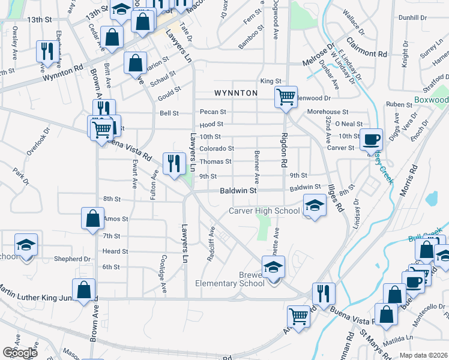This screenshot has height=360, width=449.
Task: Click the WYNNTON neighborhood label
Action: pyautogui.click(x=236, y=93)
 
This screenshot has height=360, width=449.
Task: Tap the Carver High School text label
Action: pyautogui.click(x=264, y=211)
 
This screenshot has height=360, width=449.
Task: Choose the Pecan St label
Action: pyautogui.click(x=213, y=112)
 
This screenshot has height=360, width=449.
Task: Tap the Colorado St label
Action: pyautogui.click(x=216, y=148)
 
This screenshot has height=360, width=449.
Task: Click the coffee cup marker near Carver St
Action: pyautogui.click(x=370, y=139)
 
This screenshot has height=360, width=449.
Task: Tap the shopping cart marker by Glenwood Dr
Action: pyautogui.click(x=286, y=96)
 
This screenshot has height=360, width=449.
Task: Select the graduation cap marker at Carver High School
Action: pyautogui.click(x=315, y=206)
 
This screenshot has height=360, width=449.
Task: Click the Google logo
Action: pyautogui.click(x=20, y=352)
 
